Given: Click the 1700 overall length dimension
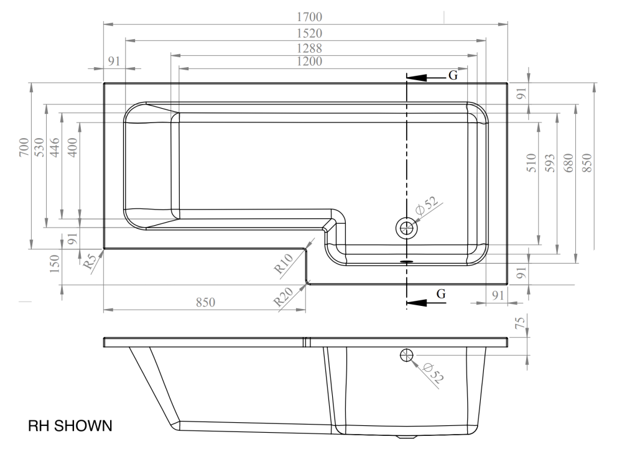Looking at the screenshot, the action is tap(309, 17).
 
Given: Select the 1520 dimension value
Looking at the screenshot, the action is tap(309, 34).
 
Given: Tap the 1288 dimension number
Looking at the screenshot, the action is tap(309, 48).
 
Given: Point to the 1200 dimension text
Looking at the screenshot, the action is tap(309, 62).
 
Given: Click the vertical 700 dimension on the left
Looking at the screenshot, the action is tap(24, 147).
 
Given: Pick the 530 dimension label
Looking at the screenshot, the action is tap(40, 147).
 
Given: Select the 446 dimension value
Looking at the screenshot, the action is tap(55, 147).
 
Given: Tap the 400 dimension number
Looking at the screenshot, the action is tap(73, 147).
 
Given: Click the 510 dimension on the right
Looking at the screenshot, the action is tap(532, 163).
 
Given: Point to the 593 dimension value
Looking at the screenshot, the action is tap(550, 163).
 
